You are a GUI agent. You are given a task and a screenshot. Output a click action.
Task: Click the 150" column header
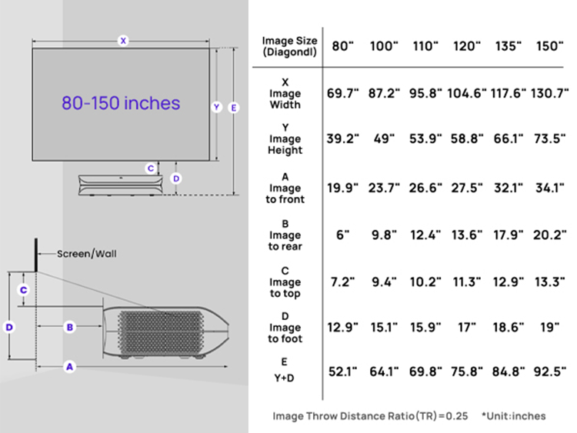[x=549, y=46]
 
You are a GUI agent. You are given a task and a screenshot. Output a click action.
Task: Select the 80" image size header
[x=342, y=46]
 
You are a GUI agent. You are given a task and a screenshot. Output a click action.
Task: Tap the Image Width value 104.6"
[x=467, y=93]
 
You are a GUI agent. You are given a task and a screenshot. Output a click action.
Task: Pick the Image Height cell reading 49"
[x=383, y=138]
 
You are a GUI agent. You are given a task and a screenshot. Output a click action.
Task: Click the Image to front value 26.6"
[x=425, y=188]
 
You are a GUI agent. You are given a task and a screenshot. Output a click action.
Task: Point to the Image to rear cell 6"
[x=342, y=235]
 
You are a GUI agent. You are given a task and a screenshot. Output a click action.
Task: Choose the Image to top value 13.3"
[x=549, y=281]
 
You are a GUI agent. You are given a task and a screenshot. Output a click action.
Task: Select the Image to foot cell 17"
[x=467, y=327]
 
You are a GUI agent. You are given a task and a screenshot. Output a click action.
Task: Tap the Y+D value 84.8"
[x=509, y=371]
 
